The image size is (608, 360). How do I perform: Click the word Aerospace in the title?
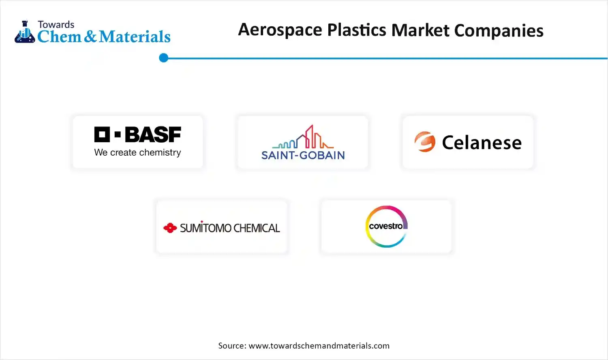tap(280, 30)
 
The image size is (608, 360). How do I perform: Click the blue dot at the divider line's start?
tap(164, 58)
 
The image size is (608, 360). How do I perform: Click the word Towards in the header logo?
tap(56, 24)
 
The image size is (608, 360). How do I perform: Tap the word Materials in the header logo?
tap(135, 37)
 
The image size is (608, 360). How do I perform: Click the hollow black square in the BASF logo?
tap(102, 135)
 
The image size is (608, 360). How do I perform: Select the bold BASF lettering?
tap(153, 135)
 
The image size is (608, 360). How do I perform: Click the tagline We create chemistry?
tap(137, 152)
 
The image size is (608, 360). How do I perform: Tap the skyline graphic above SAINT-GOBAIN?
tap(304, 138)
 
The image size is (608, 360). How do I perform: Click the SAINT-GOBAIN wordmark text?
tap(303, 155)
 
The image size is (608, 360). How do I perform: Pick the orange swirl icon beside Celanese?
tap(424, 142)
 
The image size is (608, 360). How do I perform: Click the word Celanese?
tap(482, 143)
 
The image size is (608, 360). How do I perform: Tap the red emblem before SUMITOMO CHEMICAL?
tap(170, 228)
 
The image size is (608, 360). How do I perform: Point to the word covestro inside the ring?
tap(385, 226)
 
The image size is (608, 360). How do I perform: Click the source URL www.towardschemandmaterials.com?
tap(319, 346)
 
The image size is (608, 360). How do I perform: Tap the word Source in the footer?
tap(231, 346)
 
